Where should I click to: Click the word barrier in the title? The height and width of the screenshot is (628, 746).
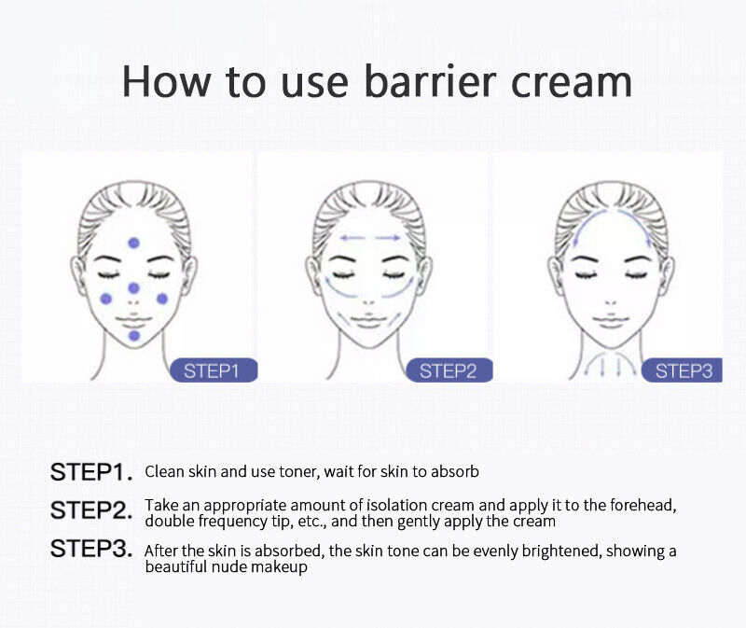click(x=430, y=81)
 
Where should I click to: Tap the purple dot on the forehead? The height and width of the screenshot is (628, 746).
click(x=133, y=243)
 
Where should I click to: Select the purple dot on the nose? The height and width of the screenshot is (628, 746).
click(x=133, y=288)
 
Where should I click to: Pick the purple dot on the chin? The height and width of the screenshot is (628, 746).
click(x=134, y=336)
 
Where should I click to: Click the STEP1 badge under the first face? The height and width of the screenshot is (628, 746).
click(x=214, y=370)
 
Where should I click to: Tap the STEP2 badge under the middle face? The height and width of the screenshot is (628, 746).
click(x=449, y=370)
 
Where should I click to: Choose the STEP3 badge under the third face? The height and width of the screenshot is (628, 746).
click(x=683, y=370)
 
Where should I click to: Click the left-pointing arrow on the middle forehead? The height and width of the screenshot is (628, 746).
click(x=352, y=238)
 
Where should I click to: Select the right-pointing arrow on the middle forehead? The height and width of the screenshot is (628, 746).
click(x=388, y=238)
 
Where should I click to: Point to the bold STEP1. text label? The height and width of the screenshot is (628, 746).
click(x=91, y=472)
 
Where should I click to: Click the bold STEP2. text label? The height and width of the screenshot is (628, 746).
click(x=91, y=510)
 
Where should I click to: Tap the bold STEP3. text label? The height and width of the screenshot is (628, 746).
click(x=91, y=549)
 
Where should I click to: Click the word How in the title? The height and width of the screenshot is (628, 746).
click(x=166, y=82)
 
